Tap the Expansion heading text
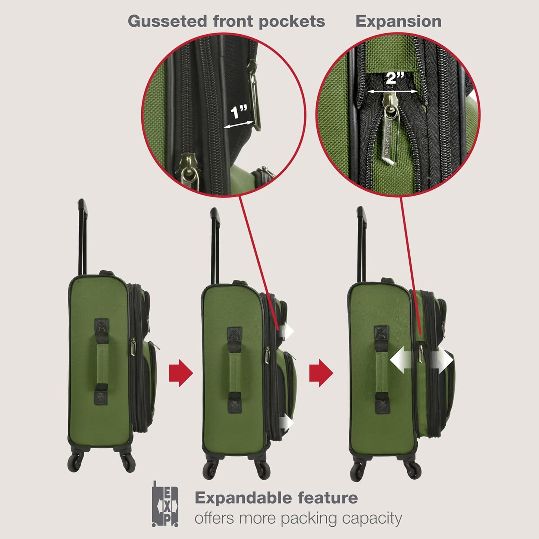point(398,21)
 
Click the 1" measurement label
point(239,112)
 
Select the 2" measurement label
point(395,78)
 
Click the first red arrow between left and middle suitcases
point(181,373)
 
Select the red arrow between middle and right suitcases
point(321,373)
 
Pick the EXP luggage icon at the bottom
point(165,504)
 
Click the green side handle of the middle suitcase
point(234,371)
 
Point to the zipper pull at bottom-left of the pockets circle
point(188,170)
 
